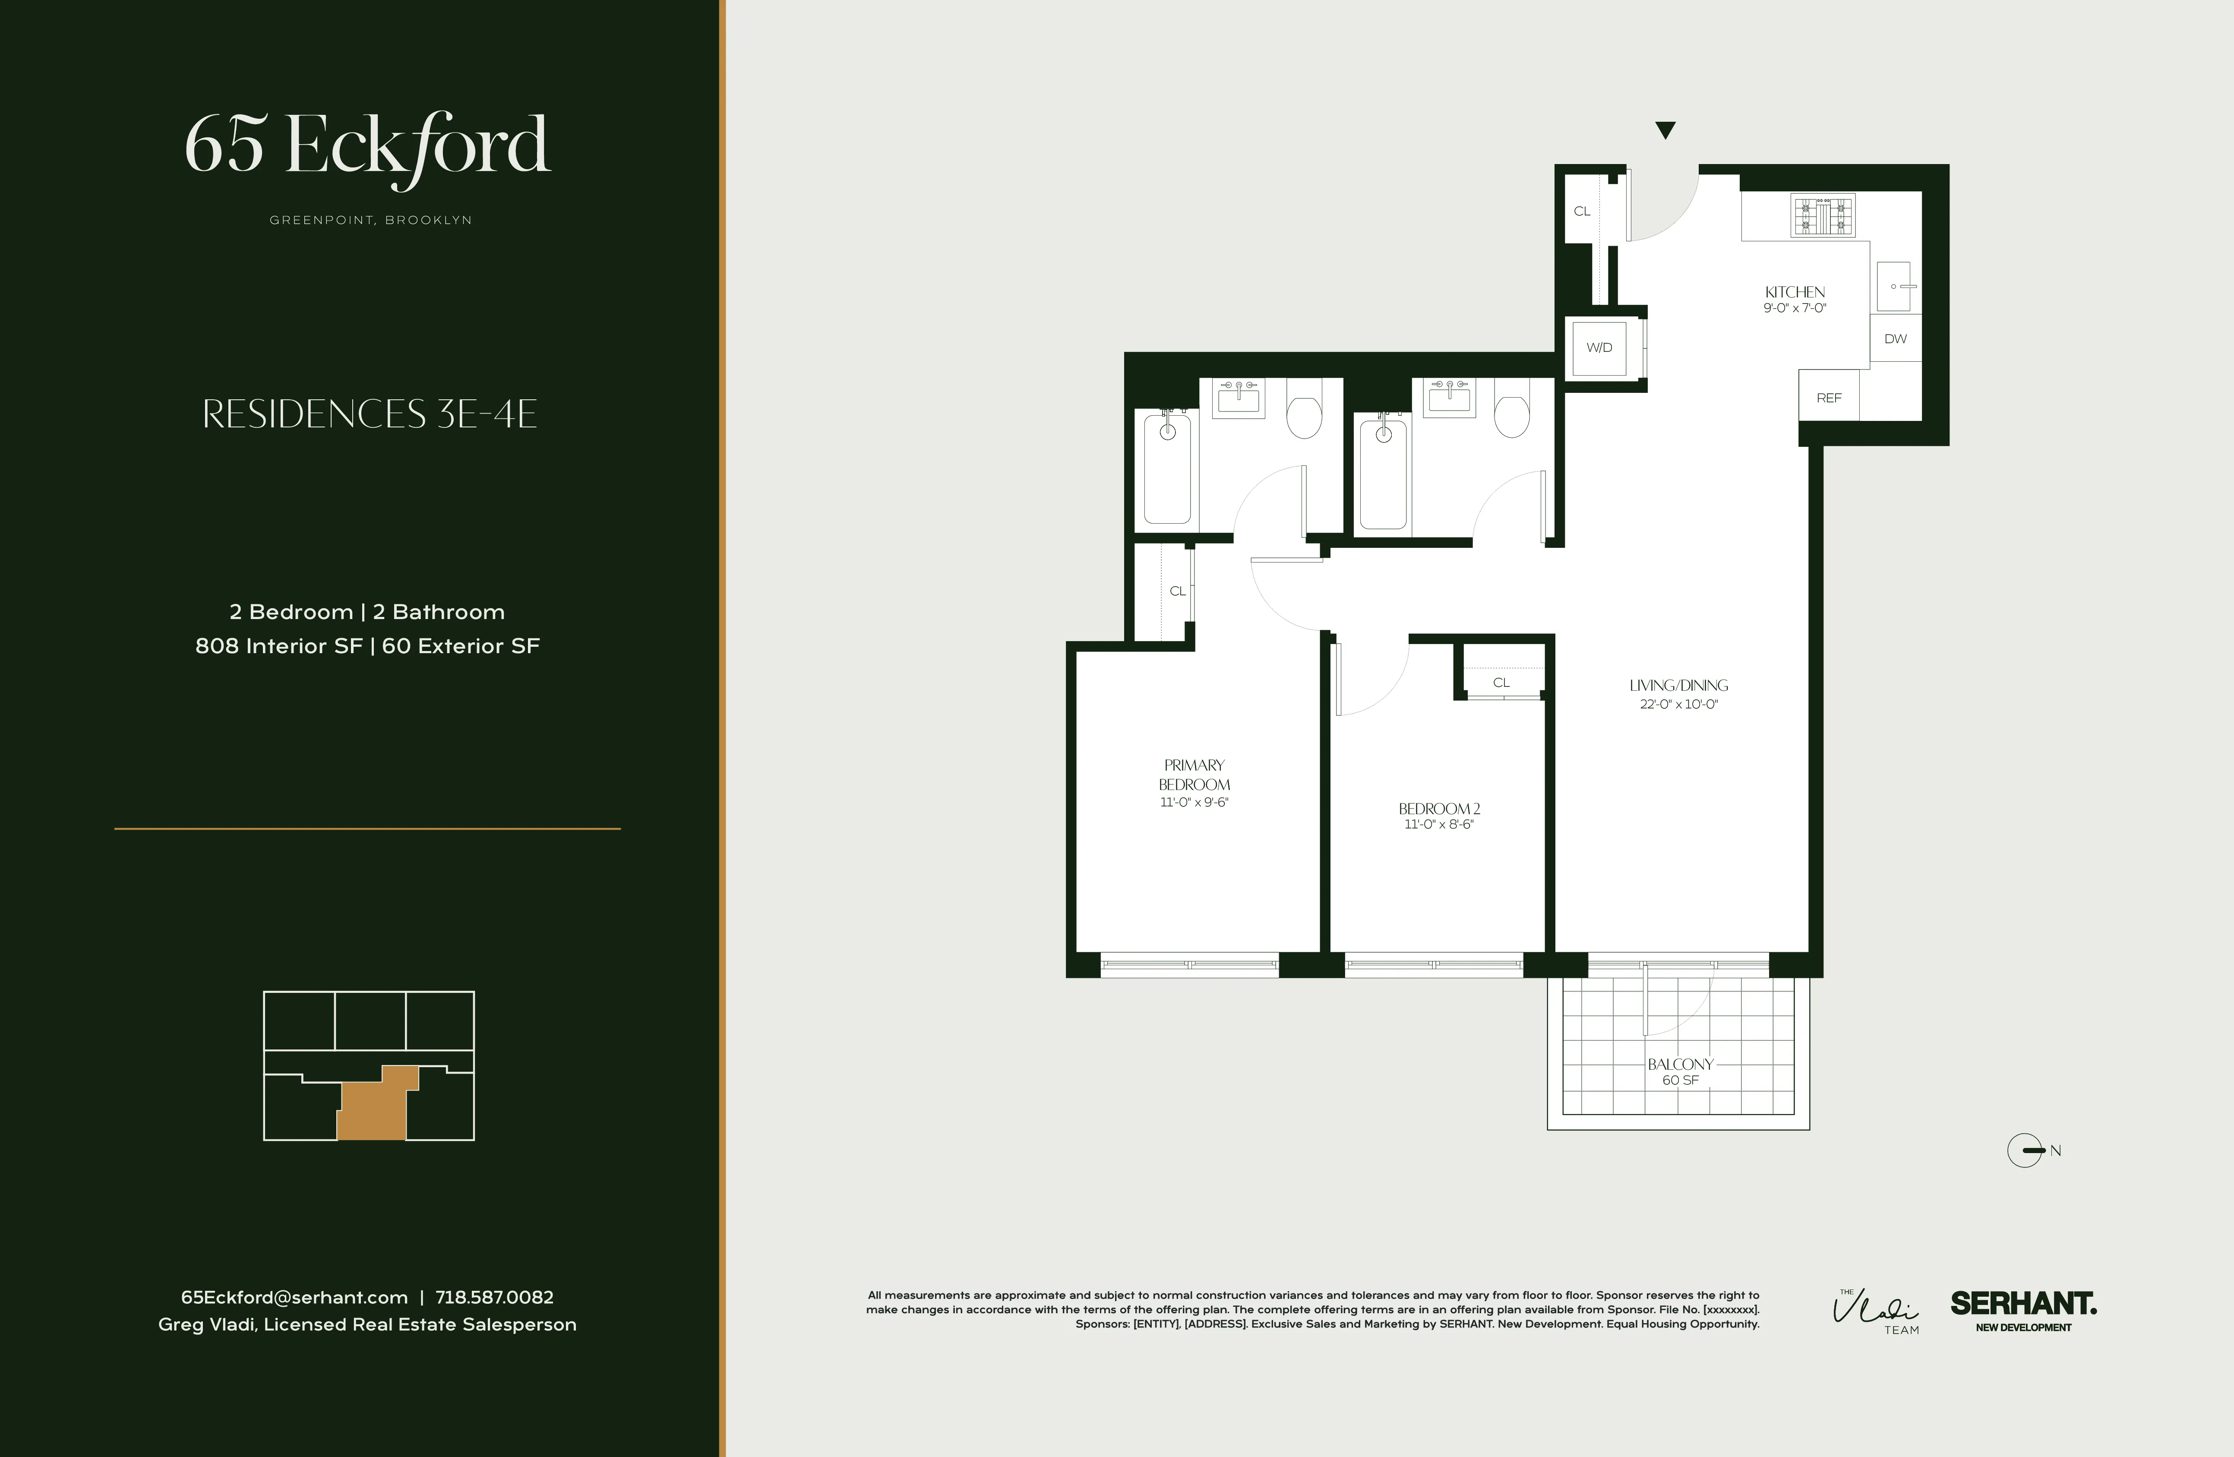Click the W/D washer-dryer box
point(1599,348)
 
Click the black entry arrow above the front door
point(1665,130)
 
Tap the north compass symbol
point(2025,1150)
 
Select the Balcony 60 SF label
point(1680,1071)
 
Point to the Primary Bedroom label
point(1194,774)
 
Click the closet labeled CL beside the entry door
point(1582,211)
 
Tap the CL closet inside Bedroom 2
point(1501,683)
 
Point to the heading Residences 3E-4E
point(370,414)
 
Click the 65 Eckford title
point(367,146)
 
